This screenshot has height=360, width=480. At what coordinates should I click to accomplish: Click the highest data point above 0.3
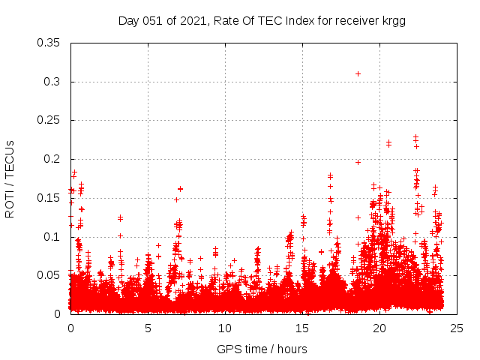pyautogui.click(x=358, y=73)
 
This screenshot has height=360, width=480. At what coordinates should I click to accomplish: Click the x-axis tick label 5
pyautogui.click(x=148, y=328)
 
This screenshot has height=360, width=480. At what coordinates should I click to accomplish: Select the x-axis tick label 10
pyautogui.click(x=225, y=328)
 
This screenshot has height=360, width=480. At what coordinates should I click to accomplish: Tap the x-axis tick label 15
pyautogui.click(x=302, y=328)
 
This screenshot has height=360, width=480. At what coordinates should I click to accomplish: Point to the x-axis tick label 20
pyautogui.click(x=379, y=328)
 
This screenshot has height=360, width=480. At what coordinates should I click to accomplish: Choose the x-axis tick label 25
pyautogui.click(x=457, y=328)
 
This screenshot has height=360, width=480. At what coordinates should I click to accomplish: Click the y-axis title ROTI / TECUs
pyautogui.click(x=10, y=178)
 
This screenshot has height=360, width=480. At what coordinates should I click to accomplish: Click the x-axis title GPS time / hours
pyautogui.click(x=262, y=349)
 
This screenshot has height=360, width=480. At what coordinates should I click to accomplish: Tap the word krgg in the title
pyautogui.click(x=391, y=20)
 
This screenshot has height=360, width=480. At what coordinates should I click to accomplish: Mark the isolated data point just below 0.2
pyautogui.click(x=358, y=162)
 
